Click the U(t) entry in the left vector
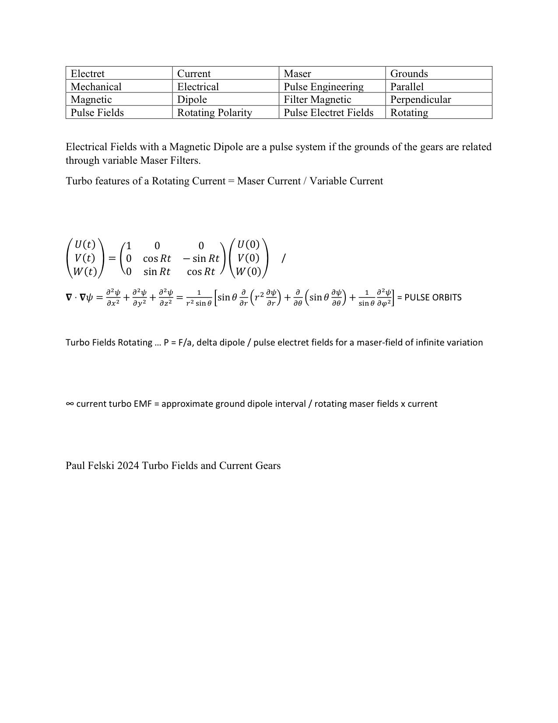click(x=85, y=244)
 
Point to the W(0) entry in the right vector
click(x=248, y=272)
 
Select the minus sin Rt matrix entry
click(x=201, y=258)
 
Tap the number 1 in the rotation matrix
click(x=129, y=246)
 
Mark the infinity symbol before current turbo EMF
click(x=70, y=404)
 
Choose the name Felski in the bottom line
click(x=101, y=466)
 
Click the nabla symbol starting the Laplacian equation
click(x=69, y=297)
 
